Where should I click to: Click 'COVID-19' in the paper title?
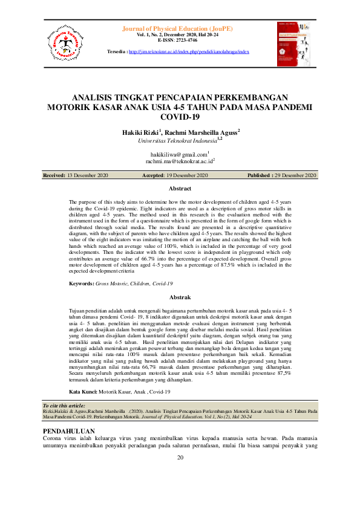pyautogui.click(x=179, y=117)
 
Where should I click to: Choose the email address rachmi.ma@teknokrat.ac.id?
pyautogui.click(x=179, y=162)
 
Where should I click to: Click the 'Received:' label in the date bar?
pyautogui.click(x=54, y=175)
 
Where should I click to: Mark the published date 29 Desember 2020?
pyautogui.click(x=293, y=175)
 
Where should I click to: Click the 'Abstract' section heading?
pyautogui.click(x=179, y=189)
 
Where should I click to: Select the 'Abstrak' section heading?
pyautogui.click(x=179, y=297)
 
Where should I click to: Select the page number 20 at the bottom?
pyautogui.click(x=180, y=457)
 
